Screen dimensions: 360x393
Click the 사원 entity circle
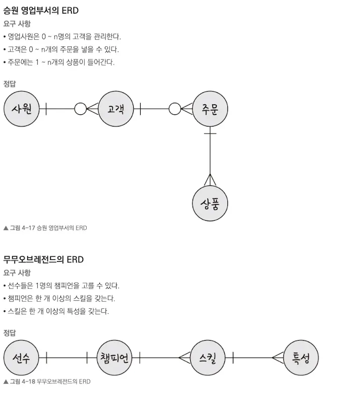[x=21, y=108]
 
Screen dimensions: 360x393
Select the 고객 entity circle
[x=115, y=108]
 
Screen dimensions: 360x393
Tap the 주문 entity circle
[x=210, y=109]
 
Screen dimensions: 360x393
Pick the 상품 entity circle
[x=210, y=204]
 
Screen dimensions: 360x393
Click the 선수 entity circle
[x=21, y=358]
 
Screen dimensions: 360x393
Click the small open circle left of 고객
[x=80, y=108]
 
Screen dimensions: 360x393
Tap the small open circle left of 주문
[x=174, y=108]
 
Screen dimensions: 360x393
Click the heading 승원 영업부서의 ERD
[x=41, y=11]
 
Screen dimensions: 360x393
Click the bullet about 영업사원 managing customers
[x=63, y=37]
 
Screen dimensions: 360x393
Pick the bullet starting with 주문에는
[x=59, y=63]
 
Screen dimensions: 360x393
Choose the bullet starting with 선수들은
[x=64, y=286]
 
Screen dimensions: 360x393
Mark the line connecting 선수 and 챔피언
[x=67, y=358]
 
